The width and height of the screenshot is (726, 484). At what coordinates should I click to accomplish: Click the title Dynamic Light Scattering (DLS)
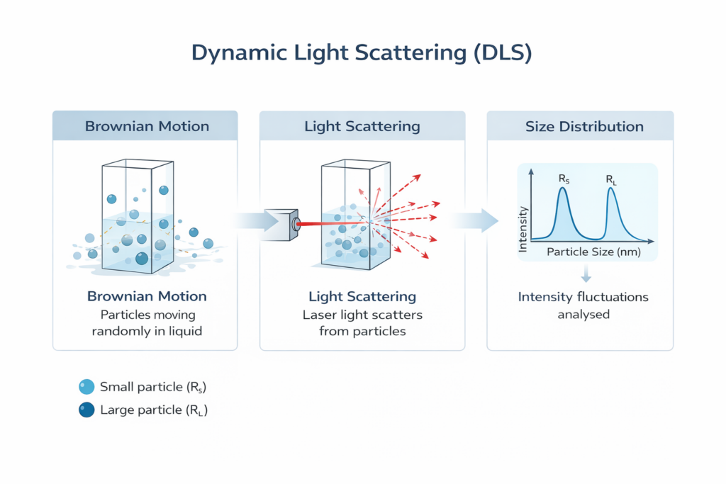pyautogui.click(x=362, y=54)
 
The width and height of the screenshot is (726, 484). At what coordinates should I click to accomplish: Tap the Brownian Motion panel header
pyautogui.click(x=147, y=127)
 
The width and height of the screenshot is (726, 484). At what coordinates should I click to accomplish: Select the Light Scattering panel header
pyautogui.click(x=362, y=127)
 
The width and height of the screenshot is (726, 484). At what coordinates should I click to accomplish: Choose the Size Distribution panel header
pyautogui.click(x=584, y=127)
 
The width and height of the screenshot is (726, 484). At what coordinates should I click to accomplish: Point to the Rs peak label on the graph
pyautogui.click(x=564, y=180)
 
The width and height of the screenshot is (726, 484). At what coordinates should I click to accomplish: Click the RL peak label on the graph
pyautogui.click(x=611, y=180)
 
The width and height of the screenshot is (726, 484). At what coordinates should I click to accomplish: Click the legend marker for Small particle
pyautogui.click(x=86, y=387)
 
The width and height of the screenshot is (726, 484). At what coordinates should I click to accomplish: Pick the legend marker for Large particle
pyautogui.click(x=86, y=410)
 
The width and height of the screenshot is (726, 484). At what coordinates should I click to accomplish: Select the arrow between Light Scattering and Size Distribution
pyautogui.click(x=476, y=220)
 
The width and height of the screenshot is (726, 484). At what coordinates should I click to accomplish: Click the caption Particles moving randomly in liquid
pyautogui.click(x=147, y=322)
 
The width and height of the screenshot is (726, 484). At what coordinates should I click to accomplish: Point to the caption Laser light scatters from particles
pyautogui.click(x=362, y=322)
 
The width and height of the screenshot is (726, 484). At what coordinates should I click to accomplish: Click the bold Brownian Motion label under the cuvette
pyautogui.click(x=147, y=296)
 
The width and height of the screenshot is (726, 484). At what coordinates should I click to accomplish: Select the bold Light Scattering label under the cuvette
pyautogui.click(x=362, y=296)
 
